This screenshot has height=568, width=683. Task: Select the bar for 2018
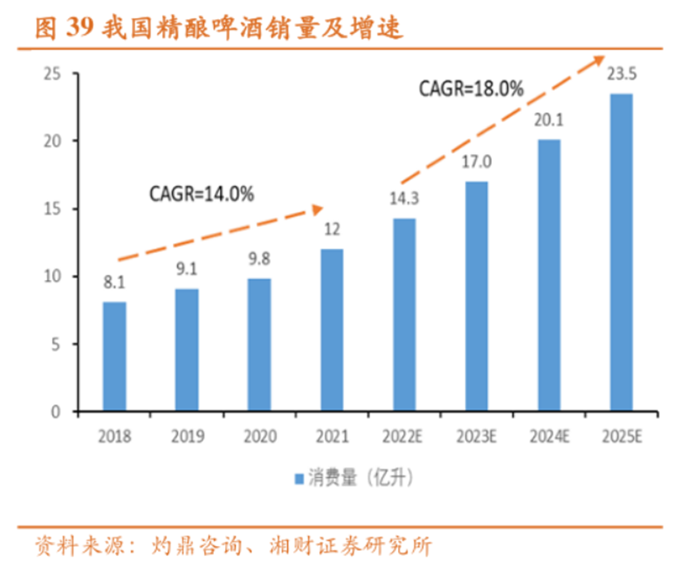[x=114, y=357]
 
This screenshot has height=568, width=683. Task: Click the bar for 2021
[x=331, y=330]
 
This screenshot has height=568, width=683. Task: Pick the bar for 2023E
[x=475, y=296]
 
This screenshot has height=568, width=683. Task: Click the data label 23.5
[x=621, y=74]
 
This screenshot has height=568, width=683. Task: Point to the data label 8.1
[x=114, y=282]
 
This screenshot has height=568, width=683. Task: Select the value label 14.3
[x=403, y=199]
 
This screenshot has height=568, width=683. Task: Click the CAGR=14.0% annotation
[x=201, y=193]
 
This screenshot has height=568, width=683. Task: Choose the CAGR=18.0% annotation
[x=471, y=89]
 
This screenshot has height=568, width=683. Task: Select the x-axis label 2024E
[x=548, y=436]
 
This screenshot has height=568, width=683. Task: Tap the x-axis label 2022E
[x=403, y=436]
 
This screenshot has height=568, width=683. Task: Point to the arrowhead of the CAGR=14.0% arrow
[x=317, y=209]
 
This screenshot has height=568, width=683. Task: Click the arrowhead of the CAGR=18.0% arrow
[x=599, y=60]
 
